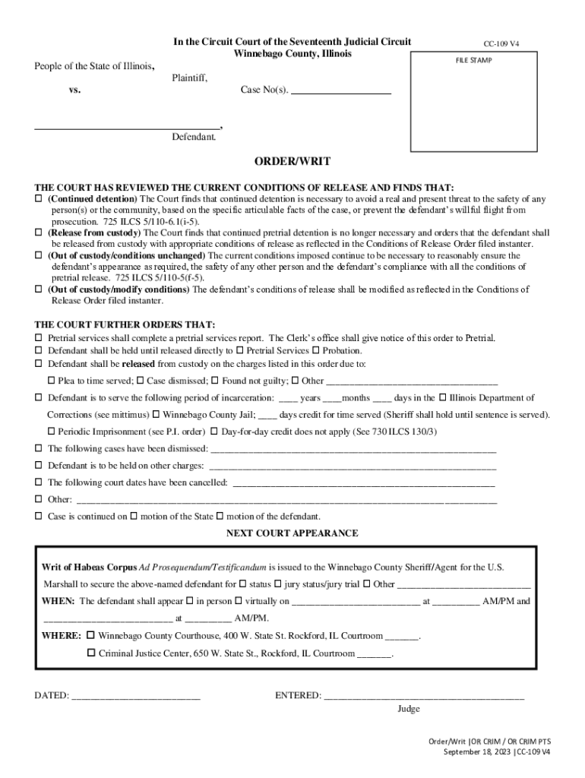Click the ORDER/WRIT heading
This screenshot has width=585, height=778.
pos(292,162)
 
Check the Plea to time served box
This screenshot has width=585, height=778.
pos(52,380)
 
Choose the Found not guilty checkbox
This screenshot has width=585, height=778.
pos(215,380)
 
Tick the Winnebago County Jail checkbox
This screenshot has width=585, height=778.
pos(156,415)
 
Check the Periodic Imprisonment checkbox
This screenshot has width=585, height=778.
pos(52,431)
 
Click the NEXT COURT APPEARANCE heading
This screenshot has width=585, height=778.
pos(292,533)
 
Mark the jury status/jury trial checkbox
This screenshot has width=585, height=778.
pos(277,584)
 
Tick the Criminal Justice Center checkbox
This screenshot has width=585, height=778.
pos(91,653)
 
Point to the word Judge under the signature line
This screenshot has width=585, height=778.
pos(408,709)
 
